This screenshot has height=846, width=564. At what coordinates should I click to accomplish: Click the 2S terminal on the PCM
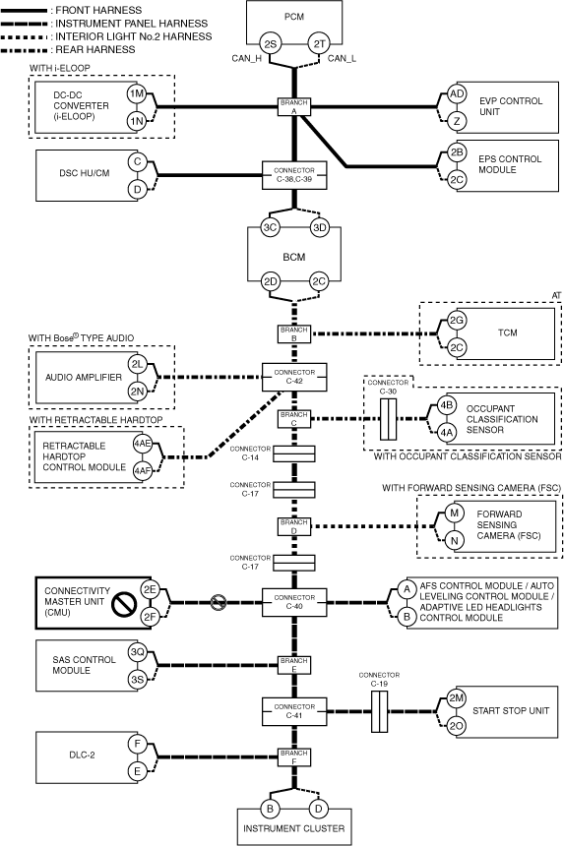point(270,43)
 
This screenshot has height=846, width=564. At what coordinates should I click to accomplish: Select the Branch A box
point(294,107)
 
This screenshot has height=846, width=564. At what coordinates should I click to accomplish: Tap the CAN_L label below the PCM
point(342,58)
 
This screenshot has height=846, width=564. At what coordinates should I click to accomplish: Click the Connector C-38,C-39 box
point(294,175)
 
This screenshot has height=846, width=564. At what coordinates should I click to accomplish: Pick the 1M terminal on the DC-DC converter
point(137,93)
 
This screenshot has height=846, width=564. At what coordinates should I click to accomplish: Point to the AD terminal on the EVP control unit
point(457,93)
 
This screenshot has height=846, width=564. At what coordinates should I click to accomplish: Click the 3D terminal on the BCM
point(320,227)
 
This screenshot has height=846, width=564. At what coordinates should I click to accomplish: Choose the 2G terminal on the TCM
point(457,320)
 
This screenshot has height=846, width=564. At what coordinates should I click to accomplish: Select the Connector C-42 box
point(294,377)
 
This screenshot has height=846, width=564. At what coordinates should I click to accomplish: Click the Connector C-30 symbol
point(388,419)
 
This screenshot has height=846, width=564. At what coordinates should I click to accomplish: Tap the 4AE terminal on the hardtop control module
point(143,444)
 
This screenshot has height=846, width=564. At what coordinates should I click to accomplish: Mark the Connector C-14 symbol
point(294,454)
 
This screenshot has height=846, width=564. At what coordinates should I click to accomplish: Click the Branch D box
point(294,526)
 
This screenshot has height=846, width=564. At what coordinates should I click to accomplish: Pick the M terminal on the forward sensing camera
point(454,513)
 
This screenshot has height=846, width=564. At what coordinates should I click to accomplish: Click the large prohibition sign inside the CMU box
point(124,603)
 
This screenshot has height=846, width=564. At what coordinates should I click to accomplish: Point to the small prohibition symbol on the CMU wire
point(218,602)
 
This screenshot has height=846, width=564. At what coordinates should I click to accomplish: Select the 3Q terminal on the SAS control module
point(137,652)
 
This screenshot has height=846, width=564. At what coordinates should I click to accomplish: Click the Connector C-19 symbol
point(379,711)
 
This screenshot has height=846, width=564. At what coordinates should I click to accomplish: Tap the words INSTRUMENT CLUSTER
point(294,828)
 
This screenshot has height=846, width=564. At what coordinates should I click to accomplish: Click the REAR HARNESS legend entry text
point(95,49)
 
